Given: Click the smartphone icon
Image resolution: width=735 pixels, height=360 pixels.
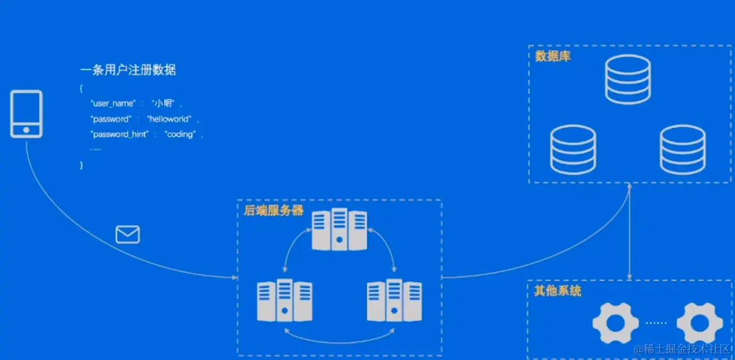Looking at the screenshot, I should tap(27, 114).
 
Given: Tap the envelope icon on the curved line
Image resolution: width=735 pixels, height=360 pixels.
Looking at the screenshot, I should tap(128, 234).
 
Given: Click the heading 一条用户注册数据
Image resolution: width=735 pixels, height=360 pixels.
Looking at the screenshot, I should tap(128, 70).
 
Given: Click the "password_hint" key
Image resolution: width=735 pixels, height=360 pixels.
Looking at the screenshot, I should tap(119, 134).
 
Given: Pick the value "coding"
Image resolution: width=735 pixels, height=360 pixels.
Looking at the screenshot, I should tap(180, 134).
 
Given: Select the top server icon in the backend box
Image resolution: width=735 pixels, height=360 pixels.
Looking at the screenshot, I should tap(339, 230).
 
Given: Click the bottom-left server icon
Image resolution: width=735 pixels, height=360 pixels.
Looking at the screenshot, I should tap(284, 300).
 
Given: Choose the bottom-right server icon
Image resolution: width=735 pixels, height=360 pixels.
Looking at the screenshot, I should tap(394, 300).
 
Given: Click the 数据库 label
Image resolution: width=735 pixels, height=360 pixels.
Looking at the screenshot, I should tap(553, 56).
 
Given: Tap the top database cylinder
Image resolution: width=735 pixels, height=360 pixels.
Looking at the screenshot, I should tap(628, 79).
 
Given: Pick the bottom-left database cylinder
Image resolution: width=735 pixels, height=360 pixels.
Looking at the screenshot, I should tap(573, 149).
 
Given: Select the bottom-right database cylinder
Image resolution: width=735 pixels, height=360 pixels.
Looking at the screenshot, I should tap(683, 149).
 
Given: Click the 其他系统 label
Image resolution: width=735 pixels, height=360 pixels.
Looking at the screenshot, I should tap(558, 291).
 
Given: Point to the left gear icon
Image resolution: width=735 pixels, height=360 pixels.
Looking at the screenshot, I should tap(615, 323).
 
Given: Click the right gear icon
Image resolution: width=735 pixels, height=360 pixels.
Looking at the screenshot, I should tap(699, 323).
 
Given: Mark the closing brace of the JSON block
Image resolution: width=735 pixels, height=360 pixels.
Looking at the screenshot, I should tap(81, 165).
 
